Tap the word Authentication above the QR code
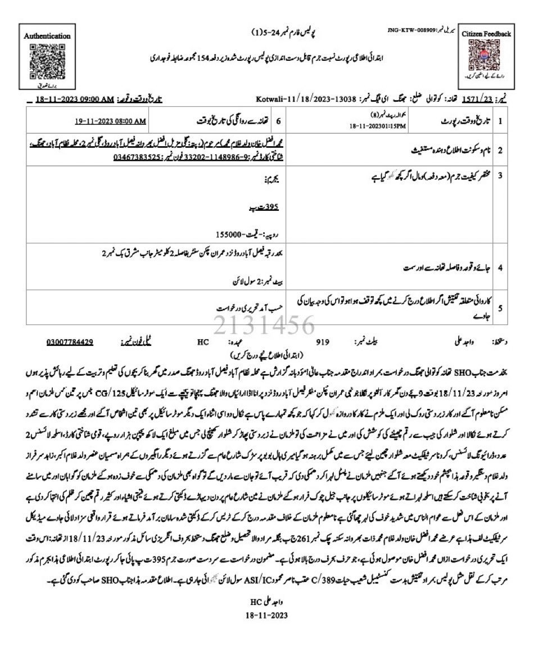pos(47,35)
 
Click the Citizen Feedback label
pos(486,34)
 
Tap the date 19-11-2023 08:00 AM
pos(111,121)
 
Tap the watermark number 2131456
pos(263,325)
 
